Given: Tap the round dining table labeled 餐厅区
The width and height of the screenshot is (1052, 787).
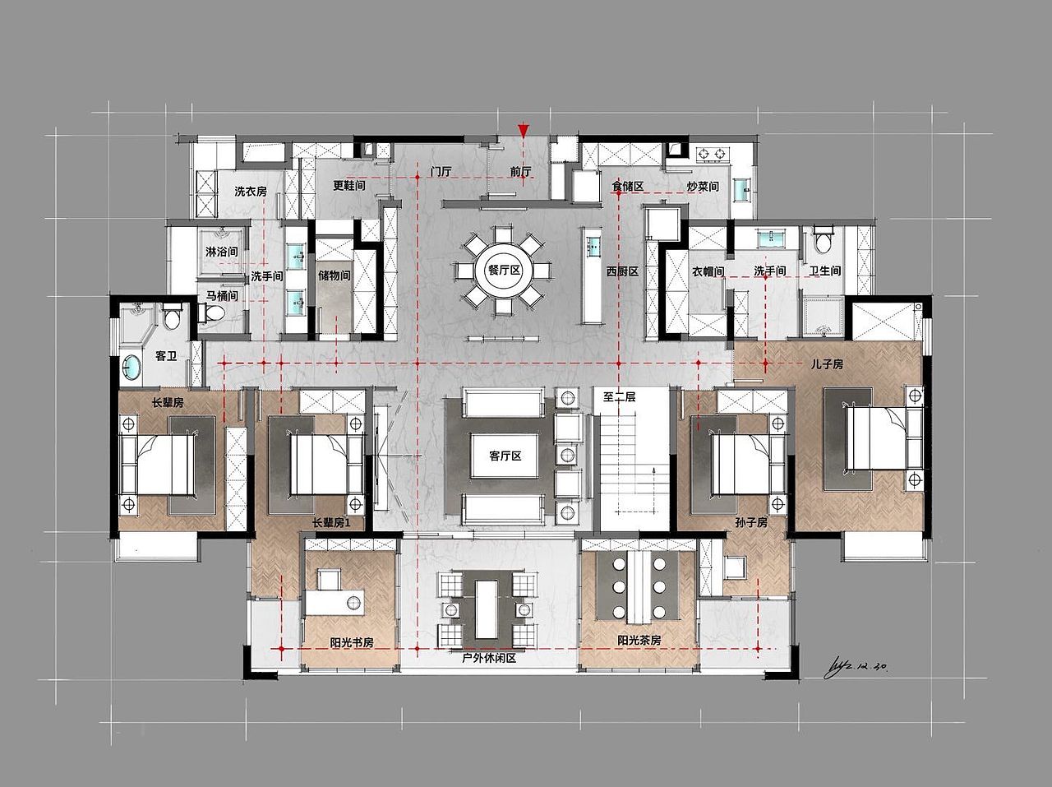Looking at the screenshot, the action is (x=504, y=271).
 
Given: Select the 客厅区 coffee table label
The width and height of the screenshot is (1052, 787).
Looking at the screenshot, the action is (x=505, y=456).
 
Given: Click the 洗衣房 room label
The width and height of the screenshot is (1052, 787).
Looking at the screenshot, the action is (x=251, y=192).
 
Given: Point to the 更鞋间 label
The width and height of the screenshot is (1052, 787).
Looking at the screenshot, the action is (x=349, y=185).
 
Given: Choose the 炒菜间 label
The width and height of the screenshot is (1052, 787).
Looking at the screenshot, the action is (x=703, y=186).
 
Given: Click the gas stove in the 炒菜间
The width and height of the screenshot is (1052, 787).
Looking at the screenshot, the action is (x=711, y=154).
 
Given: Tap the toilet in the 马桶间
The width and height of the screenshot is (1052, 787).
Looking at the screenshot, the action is (x=214, y=312).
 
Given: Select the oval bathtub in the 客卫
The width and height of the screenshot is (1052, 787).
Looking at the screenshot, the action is (x=131, y=368).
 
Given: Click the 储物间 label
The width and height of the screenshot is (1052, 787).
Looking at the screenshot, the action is (x=334, y=275).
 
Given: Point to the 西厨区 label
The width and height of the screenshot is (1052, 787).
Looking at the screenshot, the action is (x=622, y=271).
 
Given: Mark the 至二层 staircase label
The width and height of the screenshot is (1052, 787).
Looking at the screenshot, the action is (x=619, y=397).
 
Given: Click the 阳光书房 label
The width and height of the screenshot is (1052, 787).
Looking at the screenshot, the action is (x=352, y=642).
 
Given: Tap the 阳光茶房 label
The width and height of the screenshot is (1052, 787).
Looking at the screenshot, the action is (x=639, y=641).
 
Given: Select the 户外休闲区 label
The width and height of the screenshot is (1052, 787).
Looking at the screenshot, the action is (x=489, y=659).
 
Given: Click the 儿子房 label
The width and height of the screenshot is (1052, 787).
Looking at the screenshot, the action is (x=827, y=364).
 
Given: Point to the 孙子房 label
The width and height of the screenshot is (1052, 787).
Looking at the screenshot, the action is (x=751, y=523).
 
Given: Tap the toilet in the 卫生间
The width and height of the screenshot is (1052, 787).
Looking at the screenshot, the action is (x=823, y=240).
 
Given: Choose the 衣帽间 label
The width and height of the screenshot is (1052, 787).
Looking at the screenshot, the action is (x=708, y=271).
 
